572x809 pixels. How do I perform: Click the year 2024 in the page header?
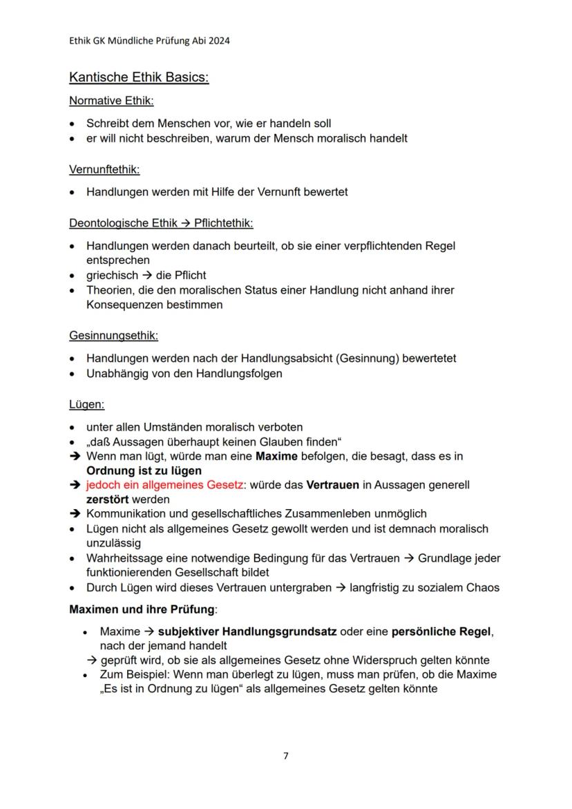click(218, 41)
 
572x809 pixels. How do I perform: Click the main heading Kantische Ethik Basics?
click(139, 77)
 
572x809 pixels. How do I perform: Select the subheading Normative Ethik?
click(111, 101)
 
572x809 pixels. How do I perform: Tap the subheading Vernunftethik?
click(104, 169)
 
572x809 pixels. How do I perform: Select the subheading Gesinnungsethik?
click(113, 336)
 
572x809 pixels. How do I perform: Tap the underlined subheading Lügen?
click(86, 404)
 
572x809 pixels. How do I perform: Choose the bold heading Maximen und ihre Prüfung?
click(143, 610)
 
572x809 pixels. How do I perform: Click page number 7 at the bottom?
click(286, 756)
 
